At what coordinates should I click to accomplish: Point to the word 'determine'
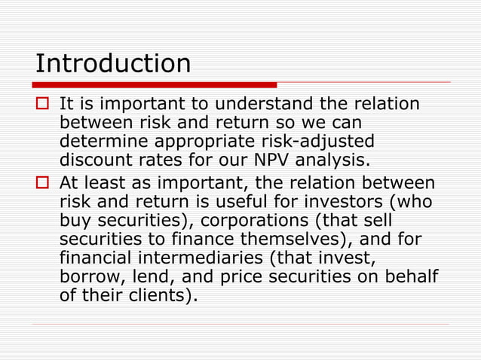[x=101, y=143]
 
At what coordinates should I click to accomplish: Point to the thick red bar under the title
[x=155, y=84]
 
